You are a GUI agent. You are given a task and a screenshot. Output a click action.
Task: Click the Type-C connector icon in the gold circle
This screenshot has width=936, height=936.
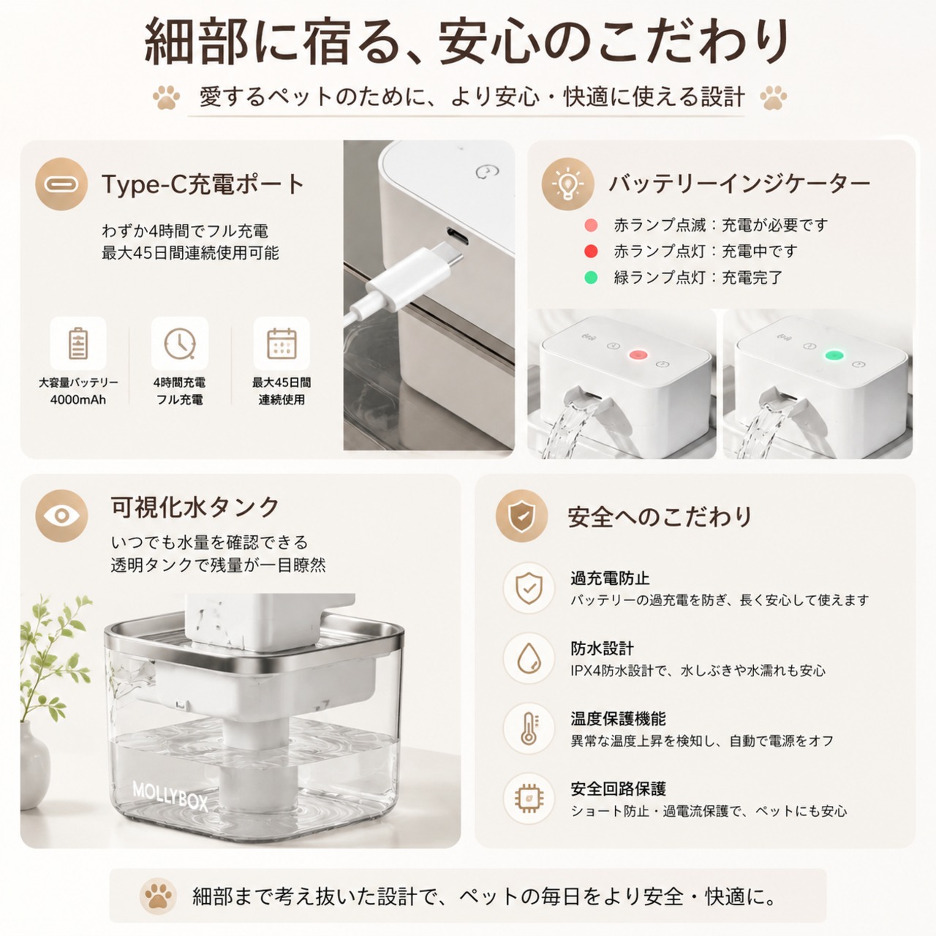point(61,184)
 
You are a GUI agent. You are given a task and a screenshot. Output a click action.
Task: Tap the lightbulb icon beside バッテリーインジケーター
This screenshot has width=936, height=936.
point(568,184)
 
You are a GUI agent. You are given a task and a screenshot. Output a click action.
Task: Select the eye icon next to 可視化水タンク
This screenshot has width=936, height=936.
point(61,516)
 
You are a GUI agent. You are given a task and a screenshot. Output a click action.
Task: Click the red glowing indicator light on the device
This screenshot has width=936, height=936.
point(637,355)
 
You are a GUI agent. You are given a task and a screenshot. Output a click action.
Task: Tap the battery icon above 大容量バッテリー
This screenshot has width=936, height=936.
point(78,344)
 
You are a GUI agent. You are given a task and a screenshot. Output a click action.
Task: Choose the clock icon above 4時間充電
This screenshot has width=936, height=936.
point(180,344)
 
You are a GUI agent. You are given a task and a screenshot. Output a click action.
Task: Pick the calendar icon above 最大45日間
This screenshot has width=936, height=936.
point(282,344)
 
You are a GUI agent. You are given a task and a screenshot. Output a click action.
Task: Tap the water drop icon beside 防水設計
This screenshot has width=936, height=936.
point(529,659)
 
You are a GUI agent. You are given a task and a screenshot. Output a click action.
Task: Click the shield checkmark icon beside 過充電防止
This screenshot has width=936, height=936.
point(529,588)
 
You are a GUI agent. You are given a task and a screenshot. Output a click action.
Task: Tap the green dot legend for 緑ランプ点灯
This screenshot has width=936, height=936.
point(591,277)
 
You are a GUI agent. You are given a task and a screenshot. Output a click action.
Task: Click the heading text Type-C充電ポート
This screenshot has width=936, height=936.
point(203,184)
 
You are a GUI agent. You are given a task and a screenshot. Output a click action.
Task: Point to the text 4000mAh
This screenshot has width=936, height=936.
point(78,400)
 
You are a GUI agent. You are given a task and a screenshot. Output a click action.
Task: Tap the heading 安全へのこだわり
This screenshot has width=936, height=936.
point(660,516)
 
